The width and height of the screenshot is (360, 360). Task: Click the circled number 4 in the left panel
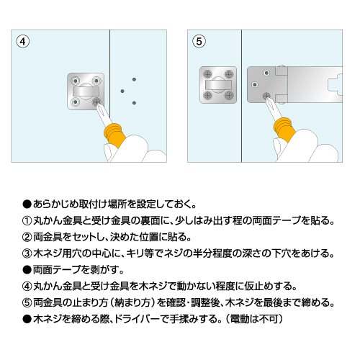point(23,42)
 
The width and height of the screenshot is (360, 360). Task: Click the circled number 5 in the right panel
point(199,41)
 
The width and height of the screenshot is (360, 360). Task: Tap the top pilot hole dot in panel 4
point(134,79)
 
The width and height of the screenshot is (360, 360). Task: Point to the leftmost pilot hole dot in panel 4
point(122,91)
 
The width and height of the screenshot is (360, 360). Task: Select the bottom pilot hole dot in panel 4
point(134,103)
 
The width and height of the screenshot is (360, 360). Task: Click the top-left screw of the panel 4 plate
point(76,81)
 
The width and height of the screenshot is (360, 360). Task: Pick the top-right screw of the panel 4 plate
point(96,81)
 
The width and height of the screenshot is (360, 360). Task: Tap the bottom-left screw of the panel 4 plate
point(76,102)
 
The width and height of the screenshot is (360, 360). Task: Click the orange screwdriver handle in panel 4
point(114,135)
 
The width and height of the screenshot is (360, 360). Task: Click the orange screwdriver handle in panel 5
point(284,130)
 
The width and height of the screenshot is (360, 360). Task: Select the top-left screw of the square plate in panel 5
point(207,73)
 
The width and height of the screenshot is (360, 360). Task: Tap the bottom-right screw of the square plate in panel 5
point(229,95)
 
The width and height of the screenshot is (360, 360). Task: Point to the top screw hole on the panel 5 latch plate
point(266,73)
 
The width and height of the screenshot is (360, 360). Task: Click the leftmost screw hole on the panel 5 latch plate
point(255,84)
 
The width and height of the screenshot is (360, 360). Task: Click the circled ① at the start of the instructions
point(27,221)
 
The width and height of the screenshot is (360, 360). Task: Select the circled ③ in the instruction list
point(27,253)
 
